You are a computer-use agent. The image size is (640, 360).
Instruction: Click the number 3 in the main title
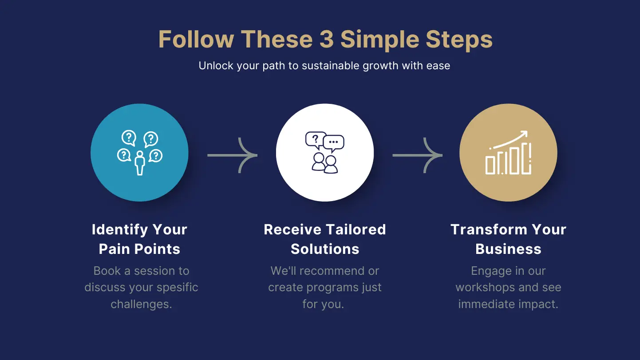[327, 39]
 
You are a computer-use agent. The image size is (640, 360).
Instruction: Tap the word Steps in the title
[459, 40]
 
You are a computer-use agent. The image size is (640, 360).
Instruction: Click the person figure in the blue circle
[140, 163]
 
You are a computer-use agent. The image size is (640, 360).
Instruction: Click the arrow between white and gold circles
[418, 155]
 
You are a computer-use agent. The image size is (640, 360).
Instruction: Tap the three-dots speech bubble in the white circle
[333, 143]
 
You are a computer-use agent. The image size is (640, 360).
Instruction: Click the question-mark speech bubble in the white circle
[316, 140]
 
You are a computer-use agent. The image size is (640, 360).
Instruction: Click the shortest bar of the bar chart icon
[490, 165]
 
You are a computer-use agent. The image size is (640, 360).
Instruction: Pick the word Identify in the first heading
[119, 230]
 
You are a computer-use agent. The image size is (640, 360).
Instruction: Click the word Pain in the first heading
[115, 249]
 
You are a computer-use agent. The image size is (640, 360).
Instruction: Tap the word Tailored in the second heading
[356, 229]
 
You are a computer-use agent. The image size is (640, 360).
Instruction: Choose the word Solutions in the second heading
[325, 249]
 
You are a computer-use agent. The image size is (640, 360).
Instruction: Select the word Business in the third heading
[508, 249]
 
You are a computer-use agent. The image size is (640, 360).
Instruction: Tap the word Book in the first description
[107, 271]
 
